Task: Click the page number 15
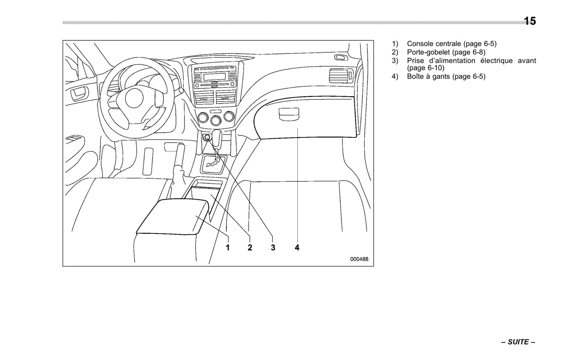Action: [530, 21]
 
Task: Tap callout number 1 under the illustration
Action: [228, 248]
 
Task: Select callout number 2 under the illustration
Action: [250, 248]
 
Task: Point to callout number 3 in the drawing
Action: [273, 248]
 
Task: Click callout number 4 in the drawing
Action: [297, 248]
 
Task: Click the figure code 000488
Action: [359, 259]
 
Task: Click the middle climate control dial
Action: [216, 120]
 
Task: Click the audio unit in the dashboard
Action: [214, 76]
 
